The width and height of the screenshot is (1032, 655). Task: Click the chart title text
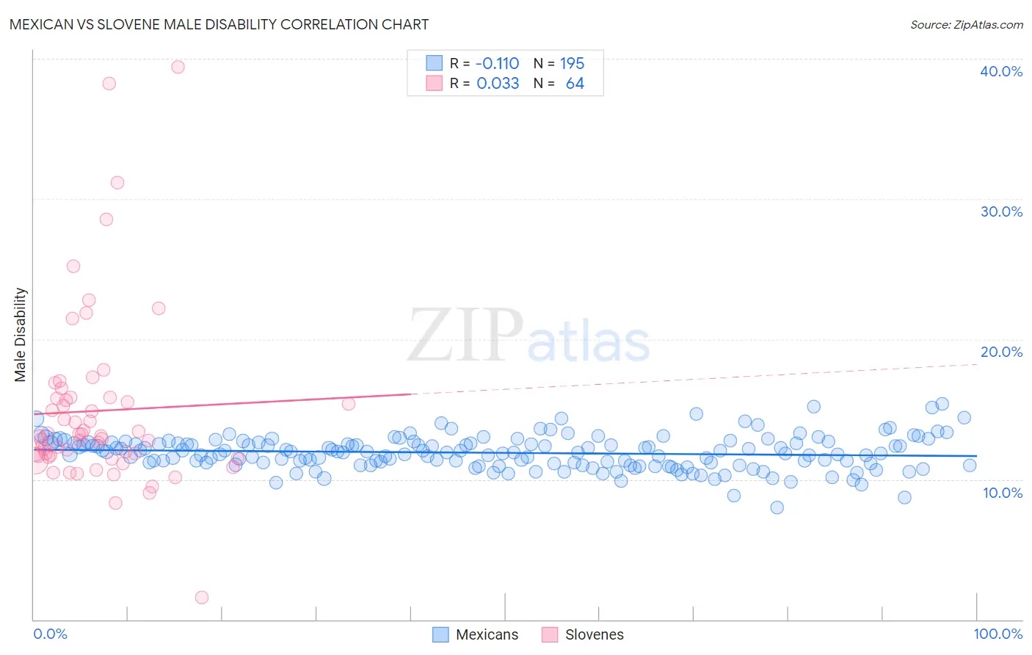click(219, 24)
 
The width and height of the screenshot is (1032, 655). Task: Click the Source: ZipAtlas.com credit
click(966, 24)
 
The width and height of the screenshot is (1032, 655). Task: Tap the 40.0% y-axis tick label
click(1000, 71)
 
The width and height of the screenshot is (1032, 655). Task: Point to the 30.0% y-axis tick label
click(1000, 211)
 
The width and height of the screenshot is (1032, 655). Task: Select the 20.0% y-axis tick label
click(1000, 352)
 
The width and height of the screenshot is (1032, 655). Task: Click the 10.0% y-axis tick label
click(1002, 493)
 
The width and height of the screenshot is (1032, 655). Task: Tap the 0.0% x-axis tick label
click(50, 634)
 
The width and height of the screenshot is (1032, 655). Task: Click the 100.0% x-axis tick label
click(998, 634)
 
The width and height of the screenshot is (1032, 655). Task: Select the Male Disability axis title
click(21, 335)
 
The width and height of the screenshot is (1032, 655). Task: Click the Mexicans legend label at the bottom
click(487, 634)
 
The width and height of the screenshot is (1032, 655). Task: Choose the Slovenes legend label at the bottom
click(594, 634)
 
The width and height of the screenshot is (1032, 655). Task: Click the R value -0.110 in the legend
click(497, 64)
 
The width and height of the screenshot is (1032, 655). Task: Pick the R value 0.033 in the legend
click(498, 84)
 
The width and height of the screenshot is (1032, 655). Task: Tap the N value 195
click(572, 64)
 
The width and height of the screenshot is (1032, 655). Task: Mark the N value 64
click(575, 84)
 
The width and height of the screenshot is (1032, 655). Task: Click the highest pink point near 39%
click(178, 67)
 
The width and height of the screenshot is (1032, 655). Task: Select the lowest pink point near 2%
click(202, 598)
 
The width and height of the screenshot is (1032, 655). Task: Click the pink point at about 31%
click(117, 183)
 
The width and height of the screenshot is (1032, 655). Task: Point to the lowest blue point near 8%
click(777, 507)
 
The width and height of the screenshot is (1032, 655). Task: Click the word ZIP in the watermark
click(465, 336)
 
